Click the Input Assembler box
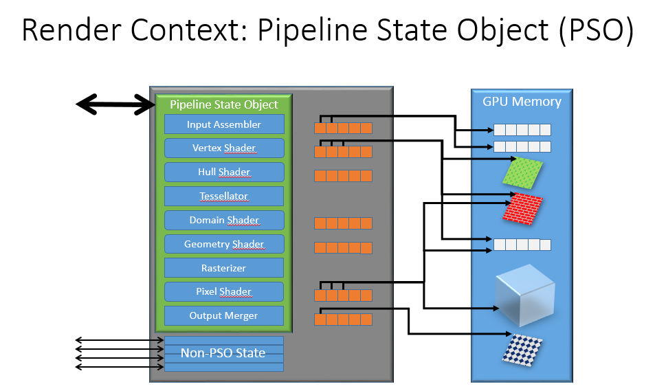224,124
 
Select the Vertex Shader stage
224,148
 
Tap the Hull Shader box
224,172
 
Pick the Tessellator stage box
224,196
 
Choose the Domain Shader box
224,220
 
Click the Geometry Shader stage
224,244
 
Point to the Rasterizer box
224,268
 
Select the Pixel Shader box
224,291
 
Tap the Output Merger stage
224,316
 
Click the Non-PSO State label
223,353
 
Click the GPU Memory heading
522,102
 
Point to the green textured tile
522,172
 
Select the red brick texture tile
522,208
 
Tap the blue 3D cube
524,295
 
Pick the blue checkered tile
522,350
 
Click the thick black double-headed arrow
115,104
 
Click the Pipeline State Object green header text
224,104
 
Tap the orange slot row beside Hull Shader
343,176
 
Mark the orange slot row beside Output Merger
343,320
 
